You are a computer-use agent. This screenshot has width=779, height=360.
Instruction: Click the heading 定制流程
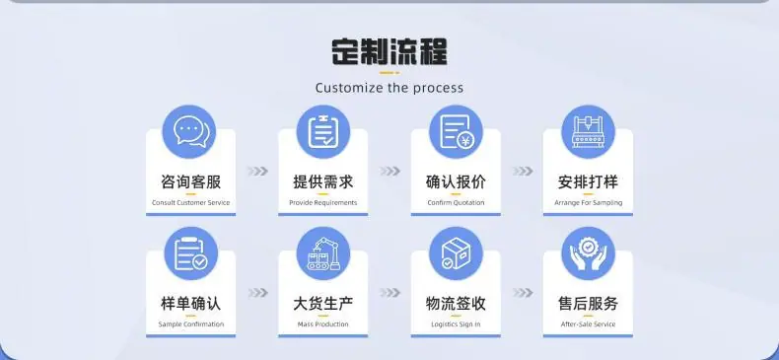(389, 51)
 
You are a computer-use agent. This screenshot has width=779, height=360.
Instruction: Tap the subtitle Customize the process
(389, 88)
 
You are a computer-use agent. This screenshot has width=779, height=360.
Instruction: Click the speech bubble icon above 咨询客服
(189, 132)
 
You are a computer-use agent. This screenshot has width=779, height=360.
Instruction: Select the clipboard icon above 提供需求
(322, 132)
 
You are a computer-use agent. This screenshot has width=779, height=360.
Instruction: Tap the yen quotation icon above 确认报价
(457, 132)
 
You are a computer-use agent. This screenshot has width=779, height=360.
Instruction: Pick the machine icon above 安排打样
(589, 132)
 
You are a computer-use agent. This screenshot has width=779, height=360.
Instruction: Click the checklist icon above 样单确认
(190, 253)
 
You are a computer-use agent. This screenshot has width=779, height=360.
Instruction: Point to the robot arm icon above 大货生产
(322, 253)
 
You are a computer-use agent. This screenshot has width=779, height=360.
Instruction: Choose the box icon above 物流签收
(457, 253)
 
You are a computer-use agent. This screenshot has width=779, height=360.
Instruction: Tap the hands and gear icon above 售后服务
(589, 253)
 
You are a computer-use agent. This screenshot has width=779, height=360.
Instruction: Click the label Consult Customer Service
(190, 203)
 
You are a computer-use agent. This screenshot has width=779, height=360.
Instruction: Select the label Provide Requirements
(322, 203)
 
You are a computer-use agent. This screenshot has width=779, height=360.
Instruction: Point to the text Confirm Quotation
(456, 203)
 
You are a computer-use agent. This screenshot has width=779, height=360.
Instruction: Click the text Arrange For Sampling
(589, 203)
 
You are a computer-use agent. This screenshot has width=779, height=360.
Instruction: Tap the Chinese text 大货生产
(322, 304)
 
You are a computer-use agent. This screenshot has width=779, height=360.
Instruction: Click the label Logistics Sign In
(456, 324)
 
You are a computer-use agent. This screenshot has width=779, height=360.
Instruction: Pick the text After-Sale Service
(589, 324)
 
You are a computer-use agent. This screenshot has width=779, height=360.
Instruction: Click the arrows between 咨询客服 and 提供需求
(257, 171)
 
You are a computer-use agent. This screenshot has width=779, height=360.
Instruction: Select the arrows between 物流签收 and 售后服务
(523, 293)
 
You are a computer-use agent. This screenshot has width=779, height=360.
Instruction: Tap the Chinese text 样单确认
(190, 304)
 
